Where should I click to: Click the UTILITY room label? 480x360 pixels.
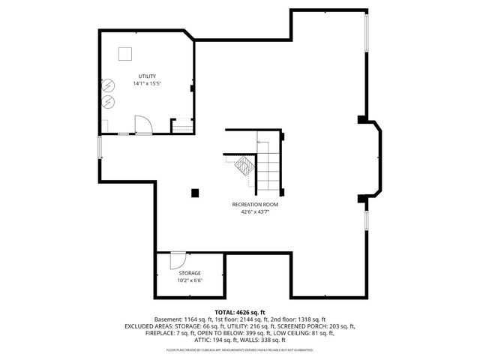(146, 76)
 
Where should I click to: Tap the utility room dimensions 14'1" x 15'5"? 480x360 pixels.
(146, 83)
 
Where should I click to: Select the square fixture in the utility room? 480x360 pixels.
(125, 53)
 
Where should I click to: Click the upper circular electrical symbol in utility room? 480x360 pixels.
(109, 85)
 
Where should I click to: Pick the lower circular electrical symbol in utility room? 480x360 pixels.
(109, 100)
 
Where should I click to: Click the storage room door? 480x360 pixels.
(178, 260)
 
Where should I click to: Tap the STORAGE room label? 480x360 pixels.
(189, 274)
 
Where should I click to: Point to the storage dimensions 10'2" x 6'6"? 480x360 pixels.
(189, 281)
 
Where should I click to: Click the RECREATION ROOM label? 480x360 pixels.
(255, 205)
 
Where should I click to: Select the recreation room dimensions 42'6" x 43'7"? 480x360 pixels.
(255, 212)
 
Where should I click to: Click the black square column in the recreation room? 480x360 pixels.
(195, 193)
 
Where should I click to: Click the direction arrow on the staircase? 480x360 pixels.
(266, 142)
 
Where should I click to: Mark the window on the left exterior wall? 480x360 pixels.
(100, 147)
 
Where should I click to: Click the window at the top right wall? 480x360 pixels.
(366, 34)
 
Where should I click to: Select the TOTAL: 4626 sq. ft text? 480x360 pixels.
(240, 312)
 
